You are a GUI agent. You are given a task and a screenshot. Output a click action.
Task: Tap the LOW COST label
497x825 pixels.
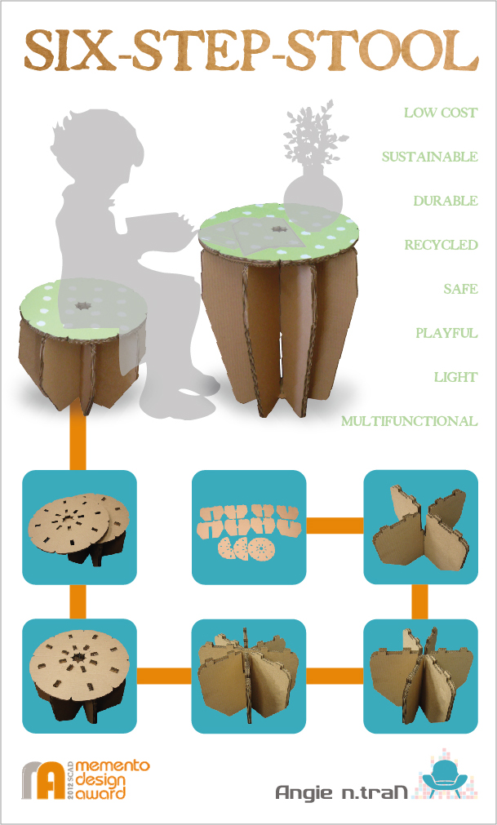pos(441,113)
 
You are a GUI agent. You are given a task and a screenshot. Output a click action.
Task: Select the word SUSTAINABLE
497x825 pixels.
pos(429,157)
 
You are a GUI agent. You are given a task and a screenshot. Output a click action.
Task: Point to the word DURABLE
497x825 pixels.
pos(445,201)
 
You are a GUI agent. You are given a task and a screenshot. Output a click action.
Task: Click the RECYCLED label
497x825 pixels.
pos(441,245)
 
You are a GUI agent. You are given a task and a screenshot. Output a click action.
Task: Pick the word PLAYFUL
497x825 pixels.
pos(446,333)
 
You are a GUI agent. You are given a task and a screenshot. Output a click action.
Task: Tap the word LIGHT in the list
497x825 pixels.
pos(455,377)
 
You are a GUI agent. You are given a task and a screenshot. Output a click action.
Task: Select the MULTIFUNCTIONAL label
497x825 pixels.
pos(409,421)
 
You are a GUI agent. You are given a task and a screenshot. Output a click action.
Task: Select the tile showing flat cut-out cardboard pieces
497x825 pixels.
pos(248,527)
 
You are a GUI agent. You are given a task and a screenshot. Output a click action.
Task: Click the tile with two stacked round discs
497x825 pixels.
pos(79,527)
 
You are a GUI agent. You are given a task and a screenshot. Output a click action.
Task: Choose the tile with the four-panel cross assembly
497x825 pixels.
pos(419,527)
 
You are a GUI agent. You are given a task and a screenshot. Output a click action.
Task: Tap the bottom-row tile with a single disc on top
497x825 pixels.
pos(79,676)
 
